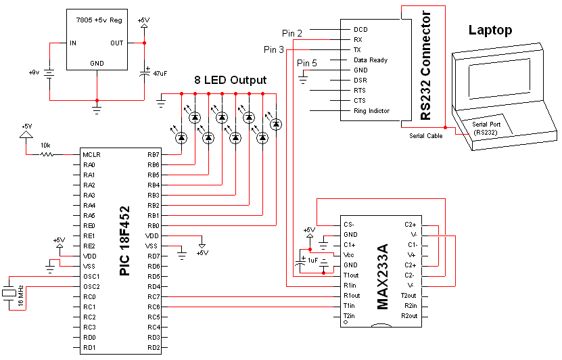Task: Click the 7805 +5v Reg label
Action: [x=99, y=20]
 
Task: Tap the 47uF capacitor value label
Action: [x=160, y=74]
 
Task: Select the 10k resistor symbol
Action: [x=46, y=154]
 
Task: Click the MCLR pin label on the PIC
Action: [x=91, y=154]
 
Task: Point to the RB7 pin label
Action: [x=153, y=154]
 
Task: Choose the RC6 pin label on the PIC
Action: [x=154, y=307]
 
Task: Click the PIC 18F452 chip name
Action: [x=124, y=241]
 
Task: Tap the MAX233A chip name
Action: [x=383, y=277]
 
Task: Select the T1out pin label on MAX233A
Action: [x=351, y=275]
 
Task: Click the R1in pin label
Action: [x=350, y=286]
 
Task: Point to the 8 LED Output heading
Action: [x=230, y=80]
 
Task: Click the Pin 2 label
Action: [x=292, y=33]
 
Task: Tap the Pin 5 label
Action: [x=307, y=63]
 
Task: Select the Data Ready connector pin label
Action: [x=370, y=60]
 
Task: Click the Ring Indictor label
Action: [x=371, y=111]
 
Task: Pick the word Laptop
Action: [x=490, y=30]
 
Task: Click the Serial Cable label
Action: [x=426, y=136]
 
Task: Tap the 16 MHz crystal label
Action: [x=21, y=296]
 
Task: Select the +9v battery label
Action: [x=34, y=72]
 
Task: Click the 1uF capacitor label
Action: [x=312, y=261]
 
